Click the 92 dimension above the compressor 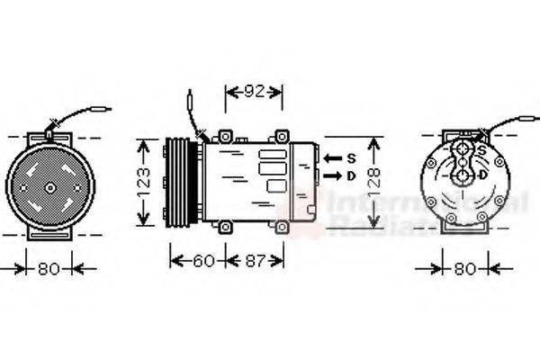[x=254, y=92]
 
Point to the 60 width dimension [x=204, y=261]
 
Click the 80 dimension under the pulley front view [x=49, y=267]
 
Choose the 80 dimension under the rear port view [x=465, y=267]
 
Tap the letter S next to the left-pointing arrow [x=351, y=158]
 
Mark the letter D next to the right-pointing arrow [x=351, y=175]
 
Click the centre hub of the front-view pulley [x=49, y=186]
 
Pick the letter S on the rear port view [x=483, y=149]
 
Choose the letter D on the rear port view [x=483, y=174]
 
